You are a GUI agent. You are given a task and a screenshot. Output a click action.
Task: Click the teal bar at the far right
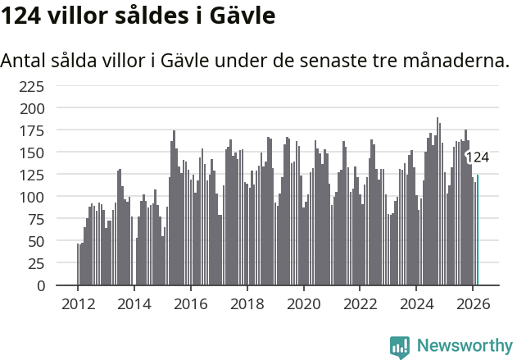[x=478, y=230]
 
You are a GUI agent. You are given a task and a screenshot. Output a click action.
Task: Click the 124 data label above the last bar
[x=477, y=157]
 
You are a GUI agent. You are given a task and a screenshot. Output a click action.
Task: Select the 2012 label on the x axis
[x=78, y=303]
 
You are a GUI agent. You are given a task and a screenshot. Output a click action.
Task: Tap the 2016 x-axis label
[x=190, y=303]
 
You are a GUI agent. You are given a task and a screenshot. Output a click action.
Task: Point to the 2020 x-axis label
[x=303, y=303]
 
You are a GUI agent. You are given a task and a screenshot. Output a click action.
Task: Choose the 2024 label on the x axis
[x=416, y=303]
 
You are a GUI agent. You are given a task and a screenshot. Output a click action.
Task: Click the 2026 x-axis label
[x=473, y=303]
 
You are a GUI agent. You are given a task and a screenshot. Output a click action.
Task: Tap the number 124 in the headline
[x=23, y=16]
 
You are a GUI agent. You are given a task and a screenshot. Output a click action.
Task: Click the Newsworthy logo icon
[x=400, y=346]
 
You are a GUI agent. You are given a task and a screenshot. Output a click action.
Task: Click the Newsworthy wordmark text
[x=465, y=346]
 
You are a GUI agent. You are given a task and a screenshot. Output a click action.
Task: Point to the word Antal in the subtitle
[x=25, y=61]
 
